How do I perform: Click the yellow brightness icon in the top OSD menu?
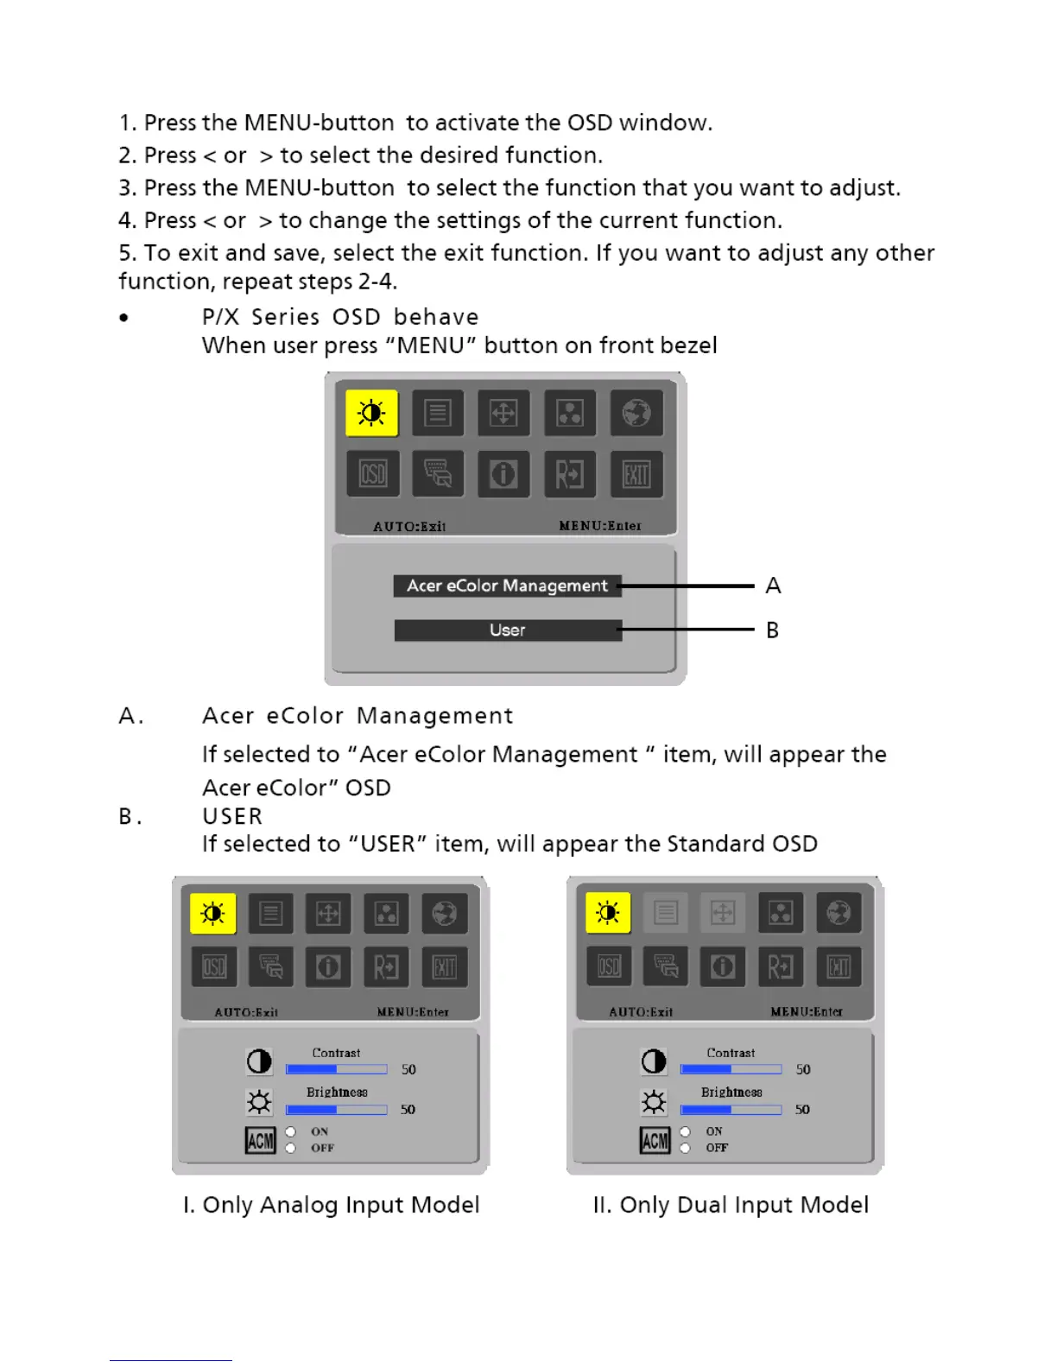pyautogui.click(x=371, y=413)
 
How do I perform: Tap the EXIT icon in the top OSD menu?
pyautogui.click(x=636, y=474)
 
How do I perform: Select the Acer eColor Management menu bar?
pyautogui.click(x=507, y=586)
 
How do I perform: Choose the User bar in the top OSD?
pyautogui.click(x=507, y=630)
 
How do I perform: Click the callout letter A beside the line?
pyautogui.click(x=773, y=586)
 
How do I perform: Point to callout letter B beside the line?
pyautogui.click(x=772, y=630)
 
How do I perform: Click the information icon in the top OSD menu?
pyautogui.click(x=503, y=474)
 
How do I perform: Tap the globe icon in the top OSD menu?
pyautogui.click(x=636, y=413)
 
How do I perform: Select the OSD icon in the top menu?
pyautogui.click(x=372, y=474)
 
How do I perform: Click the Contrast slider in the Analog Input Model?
pyautogui.click(x=336, y=1069)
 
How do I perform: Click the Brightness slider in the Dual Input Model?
pyautogui.click(x=731, y=1110)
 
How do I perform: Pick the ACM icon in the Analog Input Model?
pyautogui.click(x=260, y=1141)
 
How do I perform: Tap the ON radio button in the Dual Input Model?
pyautogui.click(x=685, y=1131)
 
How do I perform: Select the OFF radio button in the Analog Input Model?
pyautogui.click(x=291, y=1148)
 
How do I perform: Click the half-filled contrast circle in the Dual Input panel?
pyautogui.click(x=654, y=1061)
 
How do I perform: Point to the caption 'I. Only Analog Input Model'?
pyautogui.click(x=331, y=1205)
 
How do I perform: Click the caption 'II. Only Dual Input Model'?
pyautogui.click(x=731, y=1205)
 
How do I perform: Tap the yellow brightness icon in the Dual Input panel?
pyautogui.click(x=608, y=913)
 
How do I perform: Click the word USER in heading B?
pyautogui.click(x=232, y=816)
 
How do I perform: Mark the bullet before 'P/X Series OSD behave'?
pyautogui.click(x=124, y=318)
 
